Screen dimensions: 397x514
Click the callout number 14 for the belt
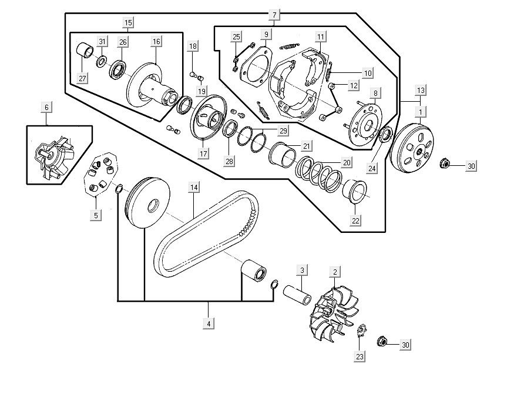click(193, 188)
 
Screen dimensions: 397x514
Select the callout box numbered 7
click(274, 14)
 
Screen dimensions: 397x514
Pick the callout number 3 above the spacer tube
click(302, 271)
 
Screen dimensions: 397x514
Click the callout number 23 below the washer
click(359, 356)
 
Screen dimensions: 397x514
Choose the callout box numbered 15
click(128, 22)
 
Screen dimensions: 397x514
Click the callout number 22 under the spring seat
click(356, 221)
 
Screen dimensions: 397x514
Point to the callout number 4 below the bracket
click(209, 323)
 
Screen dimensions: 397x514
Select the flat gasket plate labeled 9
click(257, 69)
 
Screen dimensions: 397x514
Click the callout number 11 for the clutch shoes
click(320, 36)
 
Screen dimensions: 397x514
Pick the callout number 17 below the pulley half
click(203, 154)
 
